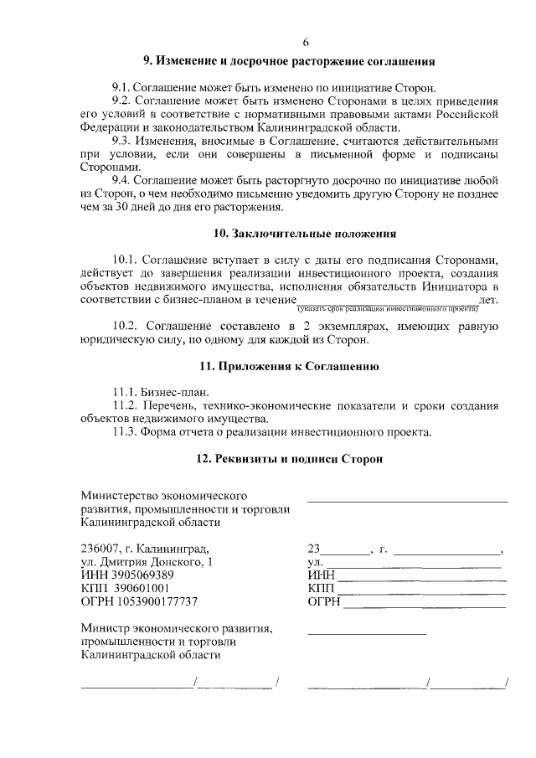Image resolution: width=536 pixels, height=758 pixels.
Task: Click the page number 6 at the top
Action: [306, 43]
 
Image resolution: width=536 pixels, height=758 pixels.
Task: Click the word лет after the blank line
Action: [487, 299]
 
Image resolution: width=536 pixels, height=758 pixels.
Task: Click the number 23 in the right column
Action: [314, 549]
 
